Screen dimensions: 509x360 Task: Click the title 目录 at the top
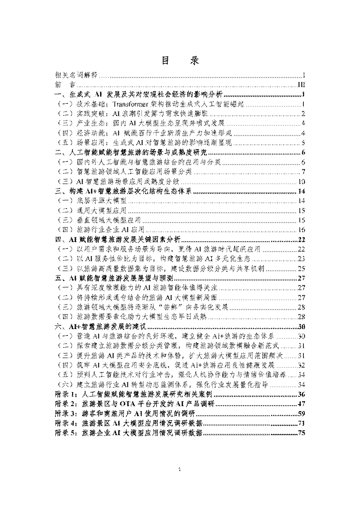(180, 62)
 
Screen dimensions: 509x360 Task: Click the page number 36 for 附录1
(301, 394)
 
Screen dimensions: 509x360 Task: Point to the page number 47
(301, 403)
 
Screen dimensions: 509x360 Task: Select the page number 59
(301, 413)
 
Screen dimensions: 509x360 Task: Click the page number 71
(301, 423)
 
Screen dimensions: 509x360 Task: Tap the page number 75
(301, 433)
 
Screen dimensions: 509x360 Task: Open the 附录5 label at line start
(64, 433)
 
